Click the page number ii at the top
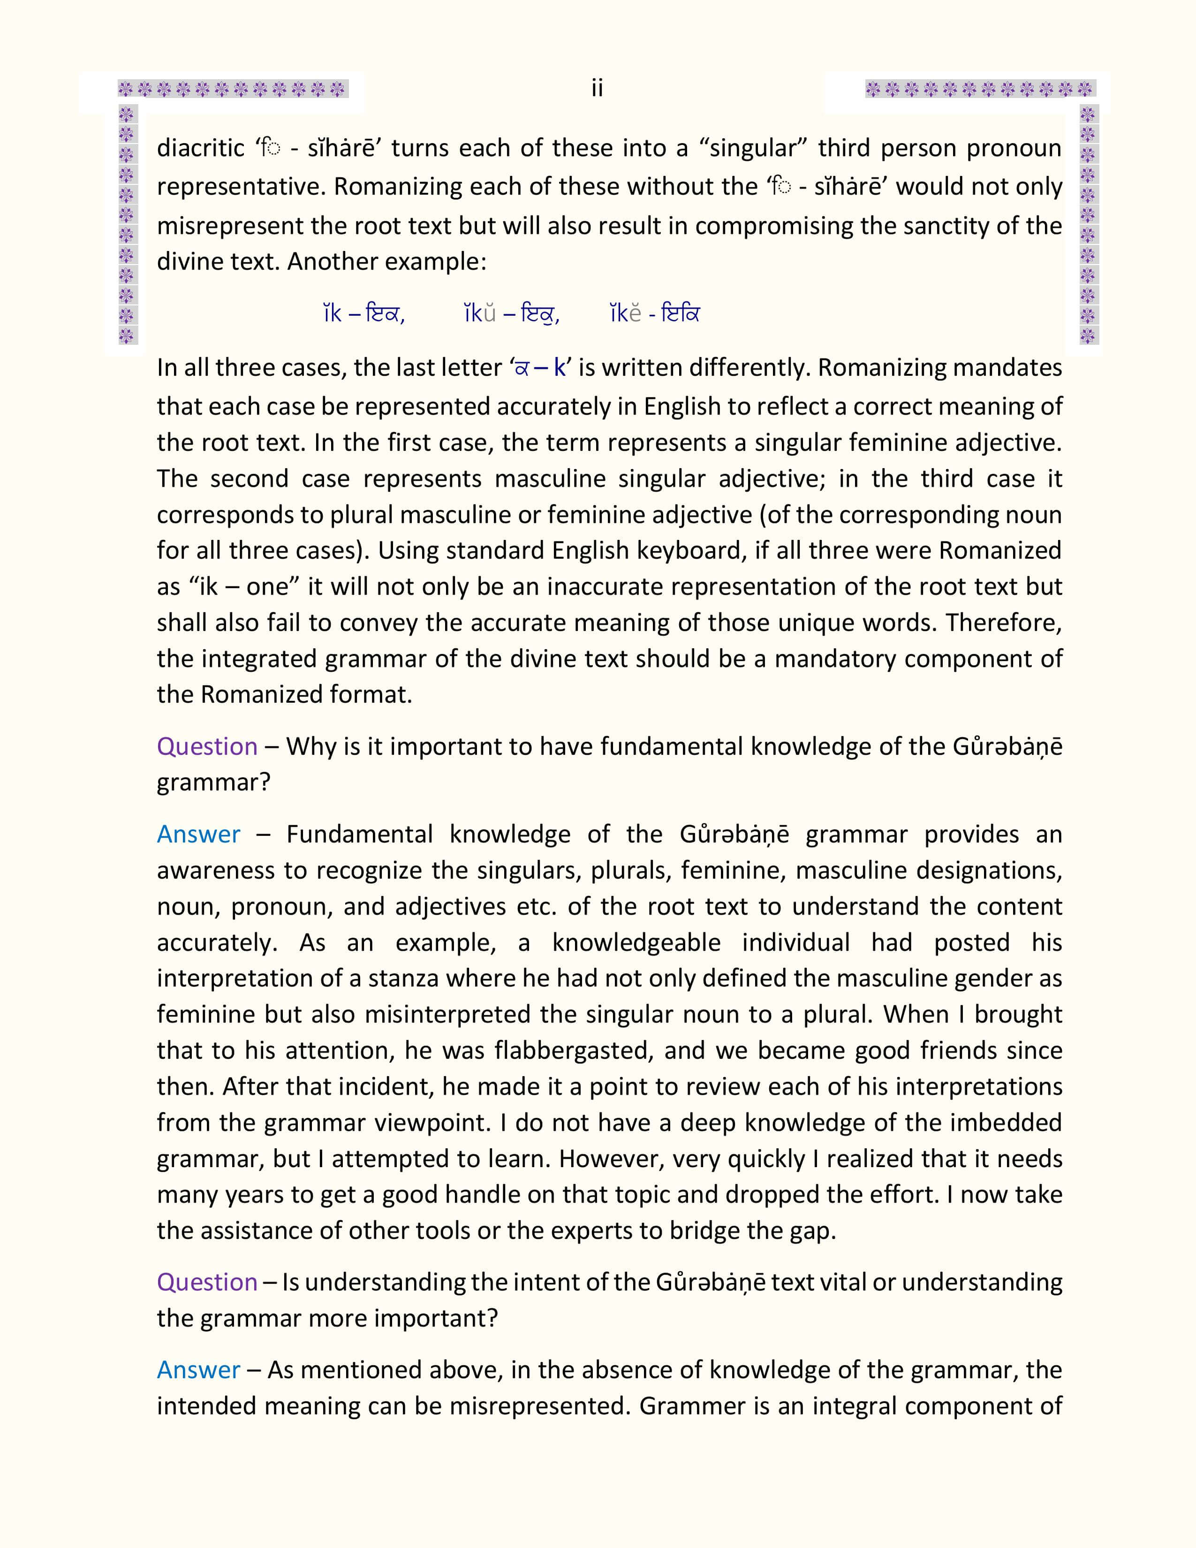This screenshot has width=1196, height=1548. pyautogui.click(x=597, y=89)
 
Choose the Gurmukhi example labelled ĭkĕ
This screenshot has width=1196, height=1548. pyautogui.click(x=680, y=313)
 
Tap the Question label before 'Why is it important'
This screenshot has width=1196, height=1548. pyautogui.click(x=207, y=746)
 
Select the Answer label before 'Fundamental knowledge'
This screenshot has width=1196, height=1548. pyautogui.click(x=198, y=834)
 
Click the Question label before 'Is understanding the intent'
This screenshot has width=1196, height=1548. pyautogui.click(x=207, y=1282)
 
